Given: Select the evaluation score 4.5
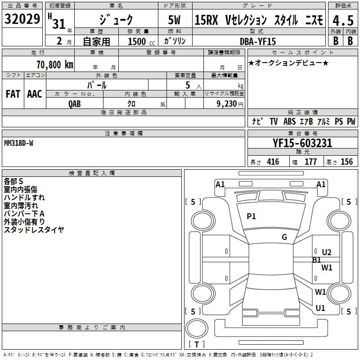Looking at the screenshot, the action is pyautogui.click(x=342, y=21).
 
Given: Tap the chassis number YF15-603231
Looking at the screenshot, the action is pyautogui.click(x=302, y=143).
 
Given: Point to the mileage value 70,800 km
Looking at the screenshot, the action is pyautogui.click(x=54, y=64).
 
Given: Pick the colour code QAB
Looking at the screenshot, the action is pyautogui.click(x=75, y=103).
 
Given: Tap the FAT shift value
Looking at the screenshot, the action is pyautogui.click(x=13, y=94).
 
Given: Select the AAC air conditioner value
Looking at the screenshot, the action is pyautogui.click(x=35, y=94).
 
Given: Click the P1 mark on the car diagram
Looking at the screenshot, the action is pyautogui.click(x=251, y=216).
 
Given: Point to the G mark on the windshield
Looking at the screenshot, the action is pyautogui.click(x=284, y=237).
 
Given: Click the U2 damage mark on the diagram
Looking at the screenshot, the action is pyautogui.click(x=326, y=252).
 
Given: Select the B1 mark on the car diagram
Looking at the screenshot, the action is pyautogui.click(x=317, y=260).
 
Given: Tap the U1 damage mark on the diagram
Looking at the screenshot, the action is pyautogui.click(x=320, y=308).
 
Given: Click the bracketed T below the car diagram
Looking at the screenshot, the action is pyautogui.click(x=197, y=345).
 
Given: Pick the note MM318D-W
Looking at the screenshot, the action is pyautogui.click(x=18, y=143).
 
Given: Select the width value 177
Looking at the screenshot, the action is pyautogui.click(x=310, y=162).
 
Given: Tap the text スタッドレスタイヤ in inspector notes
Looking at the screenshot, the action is pyautogui.click(x=34, y=230).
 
